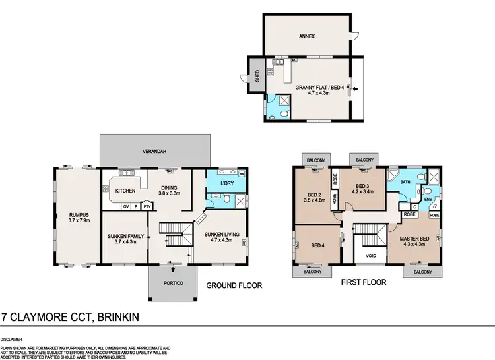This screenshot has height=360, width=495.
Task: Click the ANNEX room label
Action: pos(306,36)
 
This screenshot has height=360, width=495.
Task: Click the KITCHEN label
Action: pos(125,191)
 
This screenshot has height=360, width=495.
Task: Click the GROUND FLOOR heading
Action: pos(235,286)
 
